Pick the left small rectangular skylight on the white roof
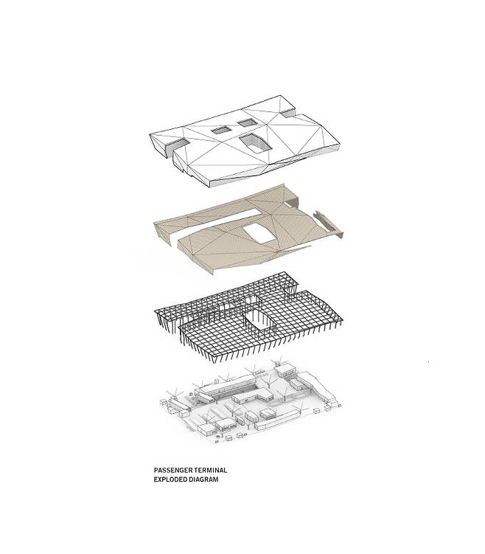click(220, 130)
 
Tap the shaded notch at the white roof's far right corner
click(287, 112)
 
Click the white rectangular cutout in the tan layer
click(259, 234)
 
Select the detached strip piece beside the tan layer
click(327, 224)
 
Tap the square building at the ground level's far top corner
click(285, 370)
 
